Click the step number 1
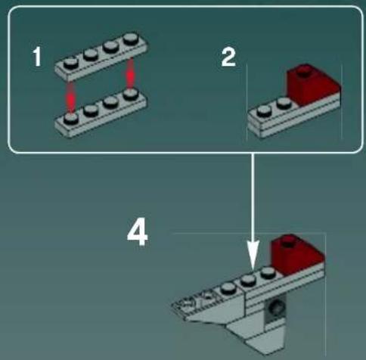37,57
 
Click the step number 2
228,57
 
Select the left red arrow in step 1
71,97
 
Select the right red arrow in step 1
130,74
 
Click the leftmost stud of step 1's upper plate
71,62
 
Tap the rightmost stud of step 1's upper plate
131,39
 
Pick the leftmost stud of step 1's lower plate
71,118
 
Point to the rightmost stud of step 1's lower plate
131,94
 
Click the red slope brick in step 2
312,85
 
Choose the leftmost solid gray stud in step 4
228,287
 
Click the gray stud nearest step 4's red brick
268,273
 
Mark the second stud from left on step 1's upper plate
91,54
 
